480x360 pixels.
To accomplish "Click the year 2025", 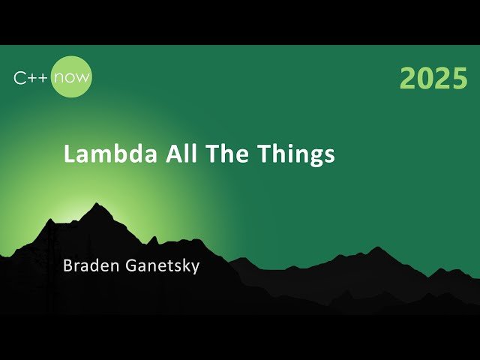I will click(x=433, y=79).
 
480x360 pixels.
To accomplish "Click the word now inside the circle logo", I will click(x=73, y=76).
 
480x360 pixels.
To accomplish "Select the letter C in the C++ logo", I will click(x=19, y=76).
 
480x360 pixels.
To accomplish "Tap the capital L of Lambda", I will click(x=69, y=154).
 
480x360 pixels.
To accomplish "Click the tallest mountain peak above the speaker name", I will click(x=97, y=205).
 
